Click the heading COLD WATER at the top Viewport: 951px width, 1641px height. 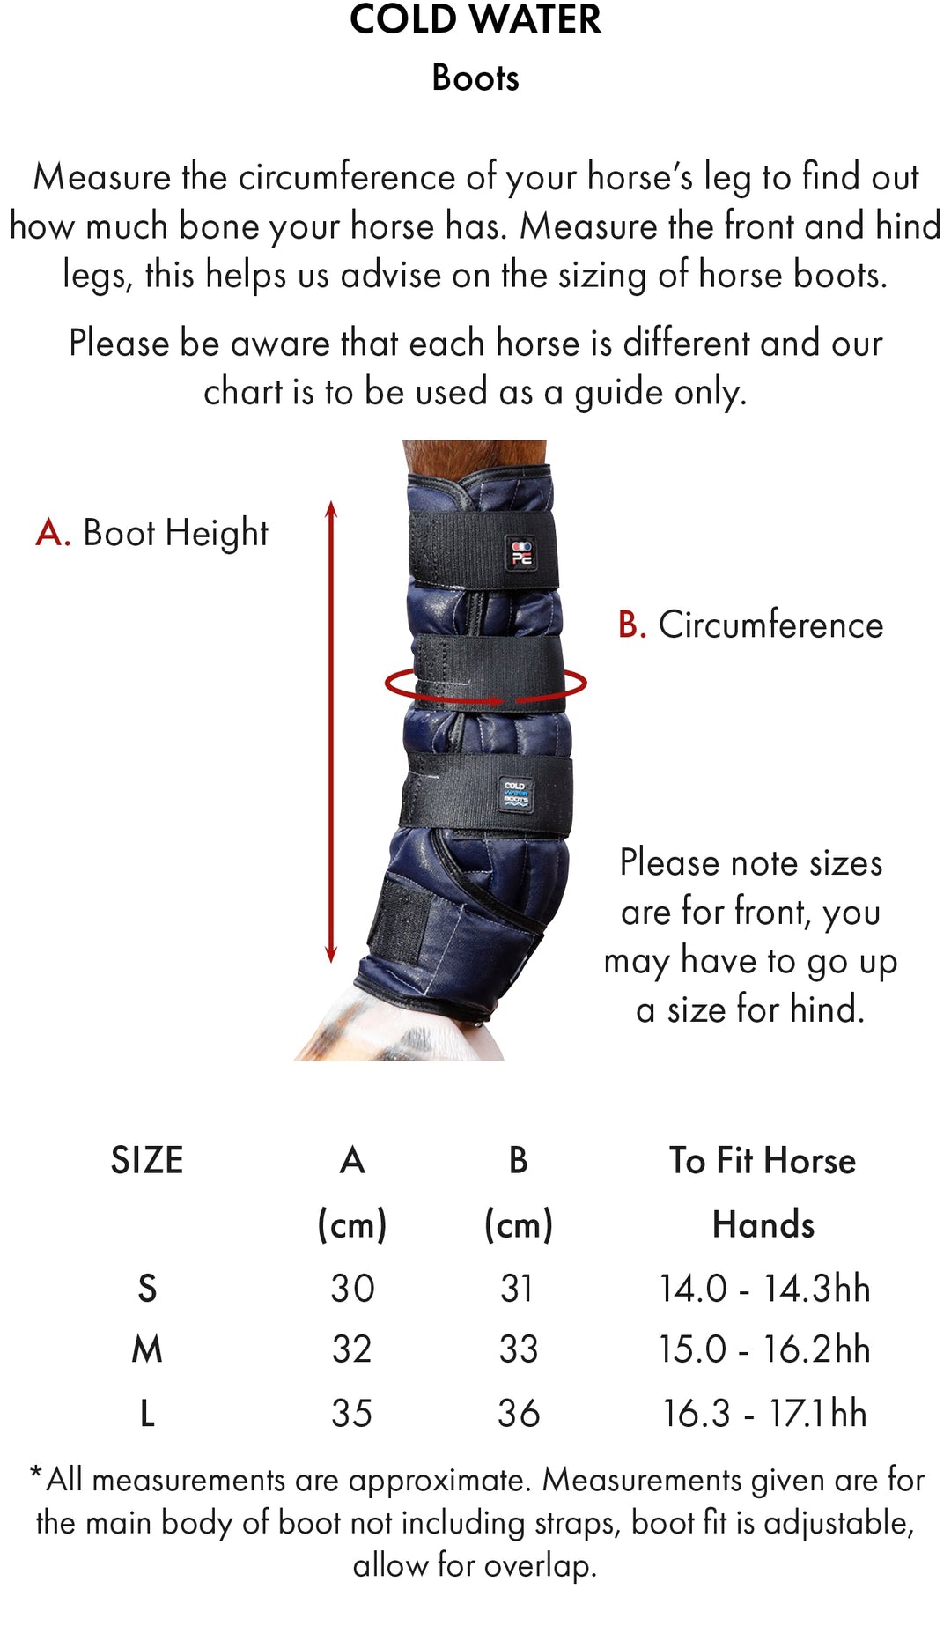475,19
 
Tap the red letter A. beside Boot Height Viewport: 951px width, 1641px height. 52,533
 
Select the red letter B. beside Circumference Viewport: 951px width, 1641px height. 631,625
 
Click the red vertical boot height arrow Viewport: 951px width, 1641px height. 331,731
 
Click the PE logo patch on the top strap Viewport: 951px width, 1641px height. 521,552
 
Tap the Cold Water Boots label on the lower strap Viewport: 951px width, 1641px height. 515,793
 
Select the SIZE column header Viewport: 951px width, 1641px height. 147,1161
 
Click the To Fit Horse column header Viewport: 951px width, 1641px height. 763,1161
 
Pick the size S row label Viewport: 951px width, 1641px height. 147,1289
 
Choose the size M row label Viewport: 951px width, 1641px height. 147,1349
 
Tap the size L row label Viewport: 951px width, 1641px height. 147,1414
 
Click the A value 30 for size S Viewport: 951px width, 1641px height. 352,1289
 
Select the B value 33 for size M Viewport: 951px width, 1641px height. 518,1349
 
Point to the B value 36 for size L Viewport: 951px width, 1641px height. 518,1414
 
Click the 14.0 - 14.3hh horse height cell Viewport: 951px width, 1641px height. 764,1289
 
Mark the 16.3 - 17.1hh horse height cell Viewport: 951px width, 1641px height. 764,1414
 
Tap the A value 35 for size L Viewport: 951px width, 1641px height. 351,1414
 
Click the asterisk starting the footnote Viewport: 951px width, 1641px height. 36,1473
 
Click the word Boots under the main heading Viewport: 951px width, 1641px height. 475,78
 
